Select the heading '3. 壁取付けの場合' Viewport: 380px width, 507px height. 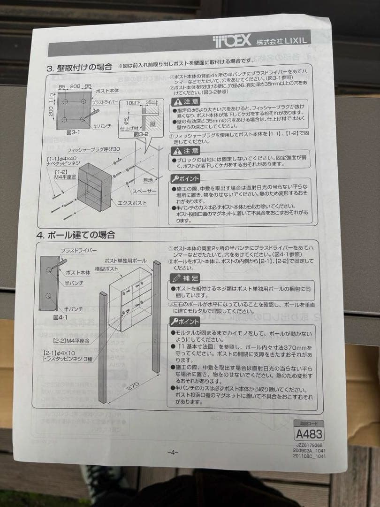coord(80,67)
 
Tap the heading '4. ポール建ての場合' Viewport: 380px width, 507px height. coord(76,235)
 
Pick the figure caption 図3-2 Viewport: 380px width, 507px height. coord(141,134)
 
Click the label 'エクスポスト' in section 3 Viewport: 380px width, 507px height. coord(132,203)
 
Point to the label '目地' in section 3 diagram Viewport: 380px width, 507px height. coord(148,180)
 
